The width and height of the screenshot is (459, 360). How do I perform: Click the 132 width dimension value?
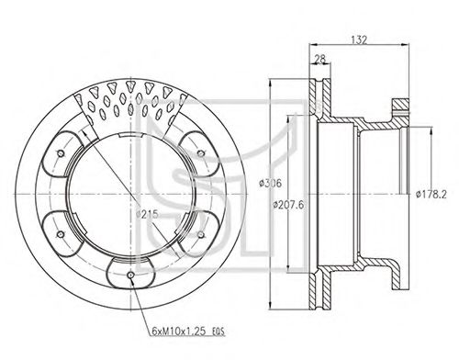pos(359,39)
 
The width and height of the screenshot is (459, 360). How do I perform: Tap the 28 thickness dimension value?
pos(319,59)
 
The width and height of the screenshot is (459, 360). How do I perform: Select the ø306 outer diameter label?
pos(270,184)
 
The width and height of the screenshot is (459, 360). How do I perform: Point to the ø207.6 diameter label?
pos(288,205)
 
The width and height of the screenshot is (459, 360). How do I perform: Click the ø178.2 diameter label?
pos(431,194)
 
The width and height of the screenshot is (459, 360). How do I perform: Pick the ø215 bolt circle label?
pos(147,214)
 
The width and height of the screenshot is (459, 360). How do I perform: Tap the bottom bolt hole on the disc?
pos(130,275)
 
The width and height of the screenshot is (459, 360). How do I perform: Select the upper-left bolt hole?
pos(61,153)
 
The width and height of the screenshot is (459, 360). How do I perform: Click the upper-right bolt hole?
pos(201,153)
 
